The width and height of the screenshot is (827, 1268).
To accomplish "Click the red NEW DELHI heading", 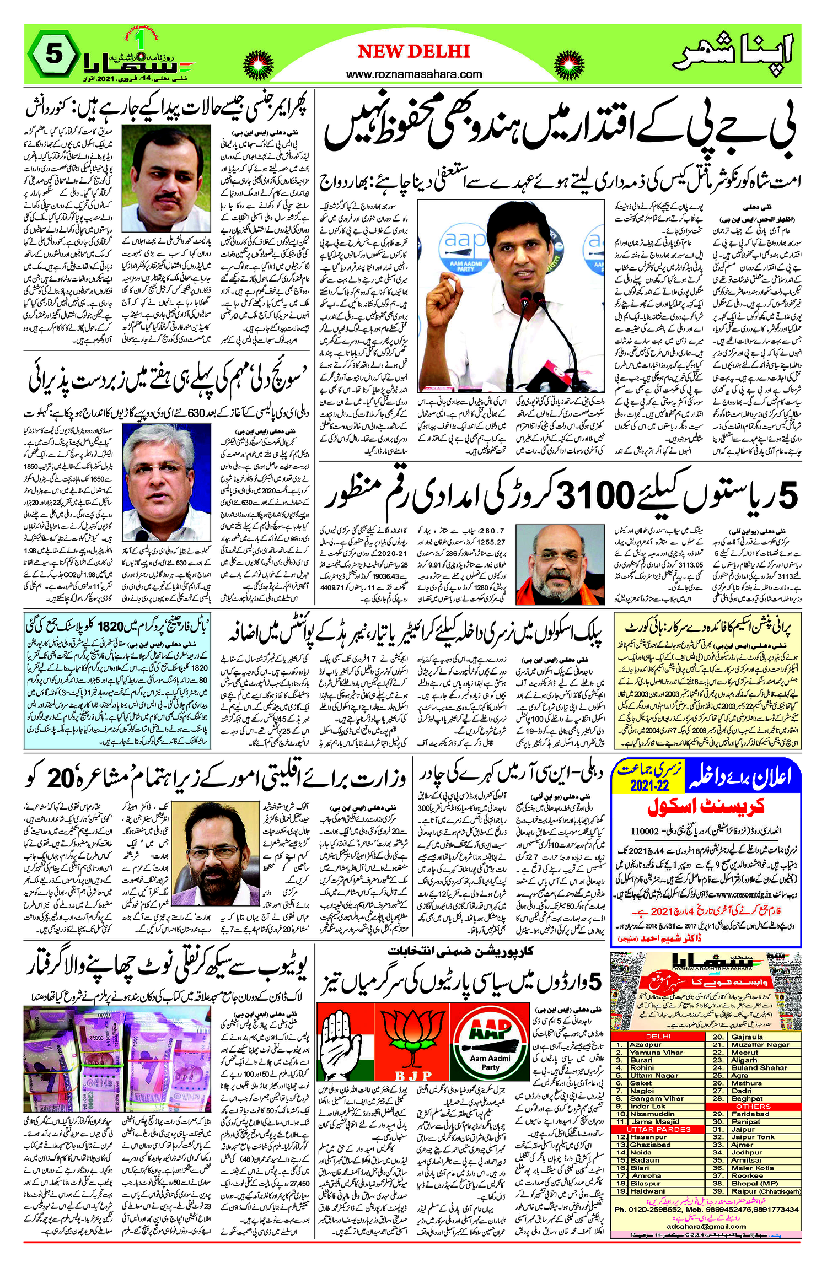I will pos(413,52).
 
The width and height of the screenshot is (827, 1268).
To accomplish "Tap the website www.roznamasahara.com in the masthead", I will pos(414,74).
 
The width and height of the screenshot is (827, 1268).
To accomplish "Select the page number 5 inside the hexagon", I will pos(53,55).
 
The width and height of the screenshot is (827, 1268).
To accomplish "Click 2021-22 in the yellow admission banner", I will pos(649,785).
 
